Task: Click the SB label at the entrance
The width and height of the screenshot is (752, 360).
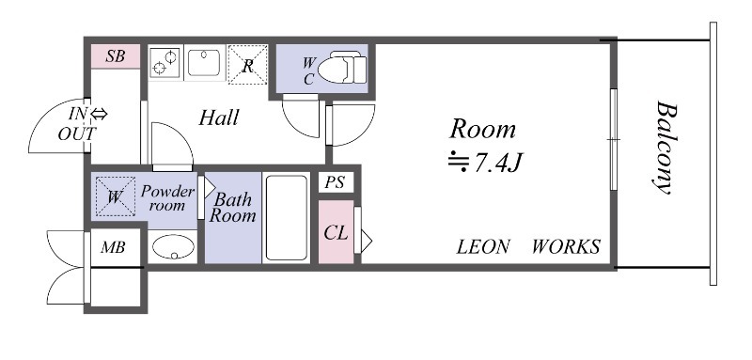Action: click(115, 55)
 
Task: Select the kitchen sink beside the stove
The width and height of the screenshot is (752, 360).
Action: click(205, 63)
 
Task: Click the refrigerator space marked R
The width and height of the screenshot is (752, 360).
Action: click(247, 65)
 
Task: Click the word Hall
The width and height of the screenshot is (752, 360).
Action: click(219, 118)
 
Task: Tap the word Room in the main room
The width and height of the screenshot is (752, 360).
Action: click(482, 129)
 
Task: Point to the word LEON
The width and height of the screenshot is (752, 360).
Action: click(483, 247)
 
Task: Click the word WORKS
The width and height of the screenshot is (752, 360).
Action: click(566, 247)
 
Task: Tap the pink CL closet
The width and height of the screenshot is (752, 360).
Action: click(336, 231)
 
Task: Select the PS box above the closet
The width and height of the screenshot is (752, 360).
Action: click(335, 183)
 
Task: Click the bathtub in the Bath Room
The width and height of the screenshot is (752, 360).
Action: click(286, 217)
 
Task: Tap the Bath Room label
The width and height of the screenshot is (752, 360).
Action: click(232, 208)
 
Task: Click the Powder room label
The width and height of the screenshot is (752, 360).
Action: click(167, 197)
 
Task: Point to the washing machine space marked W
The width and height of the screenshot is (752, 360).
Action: click(115, 197)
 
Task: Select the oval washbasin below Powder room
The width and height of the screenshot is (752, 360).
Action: click(172, 247)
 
